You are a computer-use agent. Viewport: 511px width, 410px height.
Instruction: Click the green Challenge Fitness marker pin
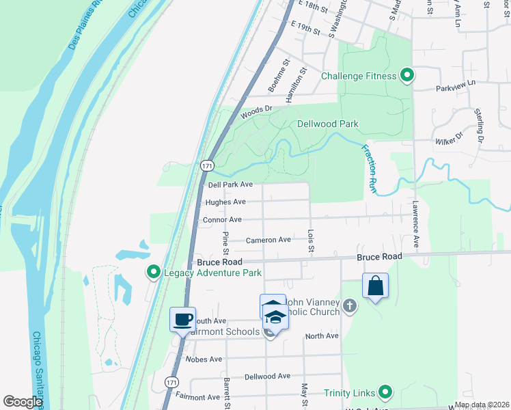click(x=407, y=75)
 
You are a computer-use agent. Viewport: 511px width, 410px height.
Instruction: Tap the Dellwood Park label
click(x=328, y=124)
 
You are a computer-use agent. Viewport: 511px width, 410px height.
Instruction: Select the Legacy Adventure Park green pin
click(x=154, y=273)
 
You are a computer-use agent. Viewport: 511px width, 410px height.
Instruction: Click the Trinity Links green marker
click(x=386, y=392)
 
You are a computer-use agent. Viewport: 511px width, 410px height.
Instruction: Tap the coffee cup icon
click(x=183, y=319)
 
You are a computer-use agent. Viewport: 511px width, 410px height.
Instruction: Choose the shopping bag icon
click(x=375, y=285)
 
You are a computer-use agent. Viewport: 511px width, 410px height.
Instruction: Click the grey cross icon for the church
click(x=350, y=305)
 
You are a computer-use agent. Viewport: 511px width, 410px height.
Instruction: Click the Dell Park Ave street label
click(x=230, y=184)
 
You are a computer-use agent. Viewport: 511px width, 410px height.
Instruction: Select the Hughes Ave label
click(x=225, y=202)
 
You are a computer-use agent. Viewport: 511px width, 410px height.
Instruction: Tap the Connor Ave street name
click(x=222, y=220)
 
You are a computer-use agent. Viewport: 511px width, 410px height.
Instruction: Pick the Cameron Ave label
click(x=268, y=240)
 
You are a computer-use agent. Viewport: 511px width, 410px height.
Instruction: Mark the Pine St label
click(x=225, y=240)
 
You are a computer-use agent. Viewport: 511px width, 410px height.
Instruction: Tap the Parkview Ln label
click(x=455, y=88)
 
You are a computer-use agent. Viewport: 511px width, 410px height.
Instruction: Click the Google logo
click(x=23, y=402)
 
